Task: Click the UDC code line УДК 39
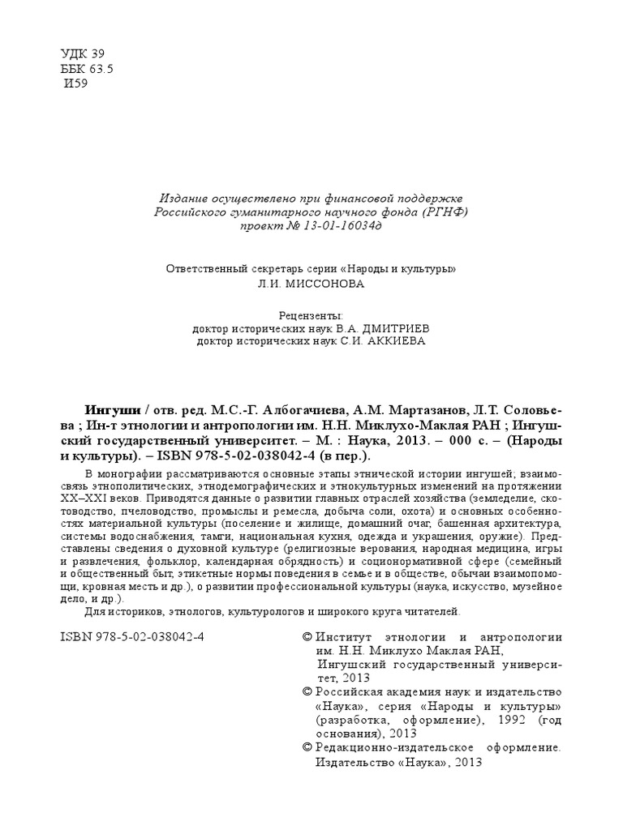83,54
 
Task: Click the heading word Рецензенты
311,314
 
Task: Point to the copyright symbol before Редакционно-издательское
307,747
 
